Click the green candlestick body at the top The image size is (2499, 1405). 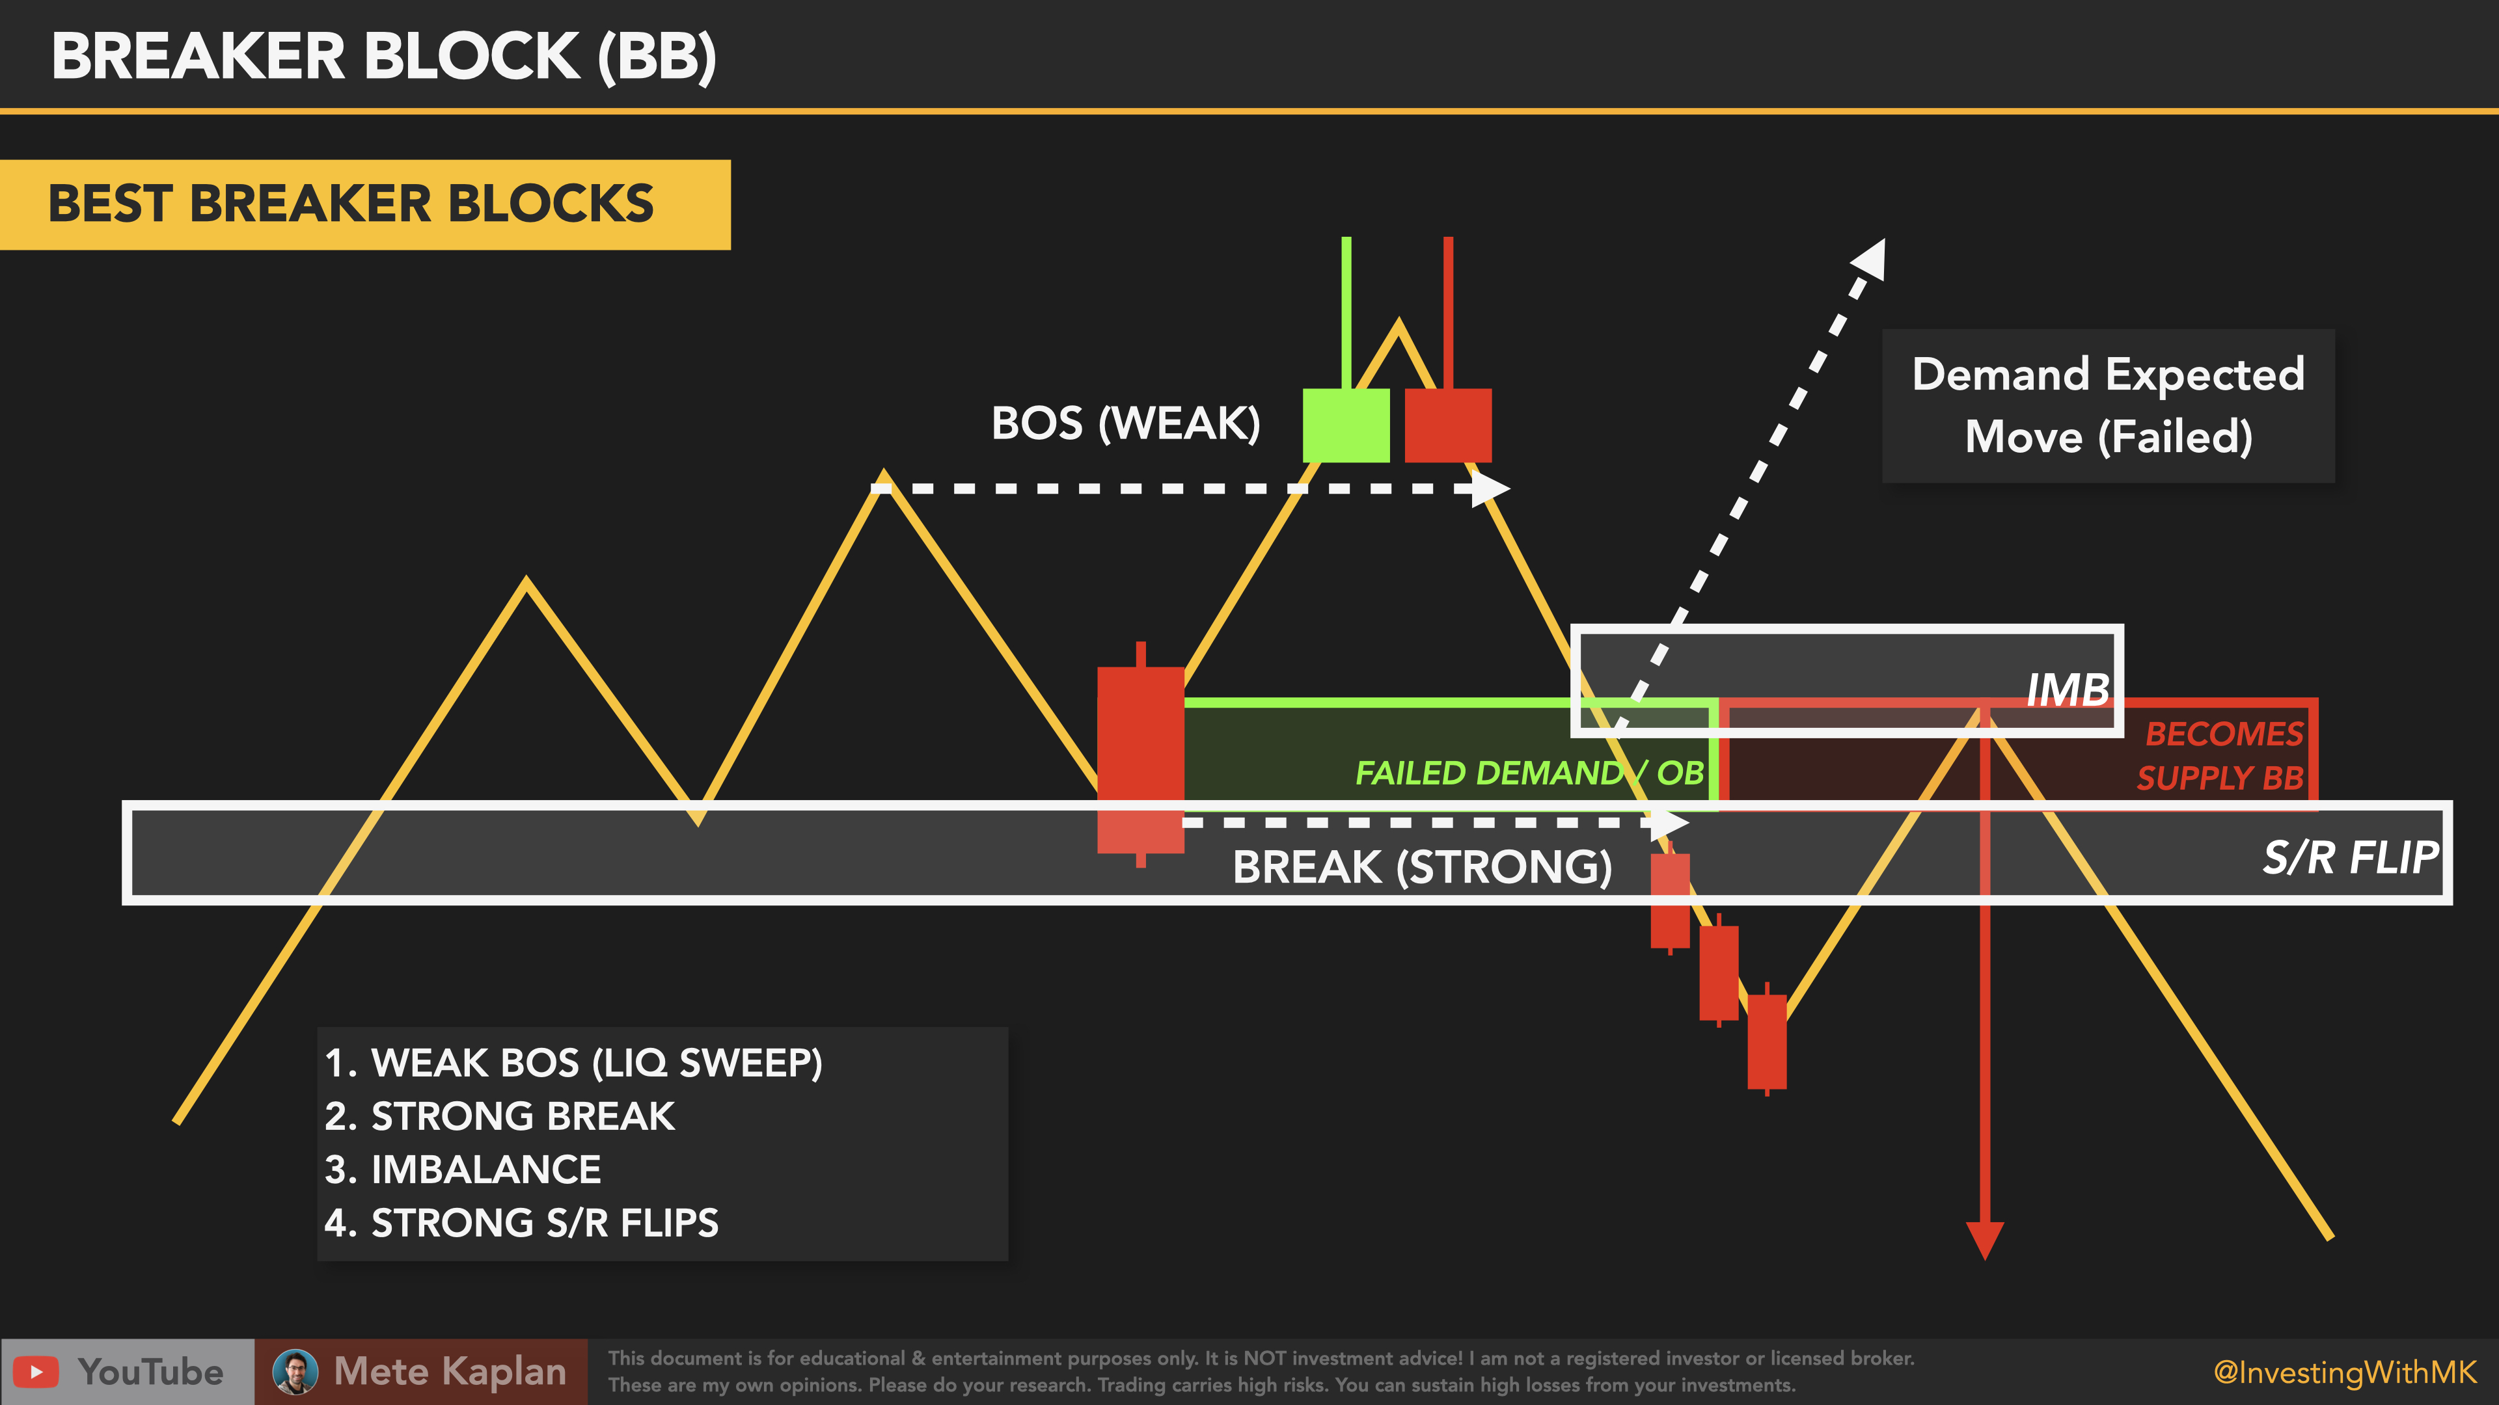tap(1346, 425)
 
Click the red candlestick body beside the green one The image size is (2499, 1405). tap(1447, 425)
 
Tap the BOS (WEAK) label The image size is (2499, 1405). tap(1125, 423)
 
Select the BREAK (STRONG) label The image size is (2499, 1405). tap(1421, 867)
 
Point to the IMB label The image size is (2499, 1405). tap(2068, 690)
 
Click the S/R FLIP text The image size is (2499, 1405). tap(2349, 858)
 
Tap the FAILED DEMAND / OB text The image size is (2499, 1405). tap(1529, 773)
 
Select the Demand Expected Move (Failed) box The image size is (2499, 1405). tap(2108, 405)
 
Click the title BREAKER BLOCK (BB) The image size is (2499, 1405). tap(384, 56)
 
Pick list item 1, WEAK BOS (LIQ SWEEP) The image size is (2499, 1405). tap(573, 1063)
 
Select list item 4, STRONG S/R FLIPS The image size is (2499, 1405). tap(522, 1223)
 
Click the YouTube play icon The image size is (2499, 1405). tap(36, 1371)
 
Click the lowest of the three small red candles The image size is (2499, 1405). tap(1767, 1041)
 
